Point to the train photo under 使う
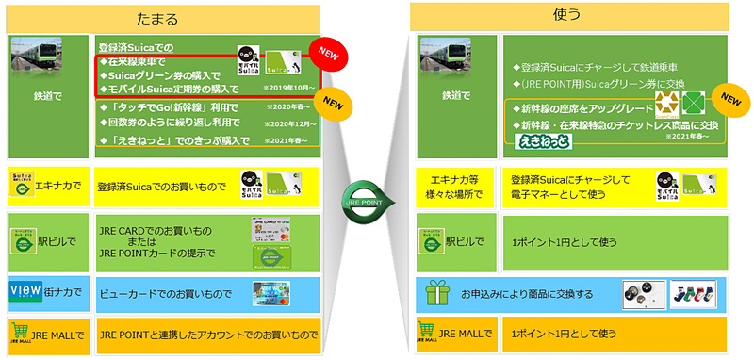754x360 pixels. point(444,61)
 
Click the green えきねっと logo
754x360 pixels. point(541,140)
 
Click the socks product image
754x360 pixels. point(694,295)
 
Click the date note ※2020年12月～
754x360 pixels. point(287,123)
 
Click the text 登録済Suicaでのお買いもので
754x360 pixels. point(162,188)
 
